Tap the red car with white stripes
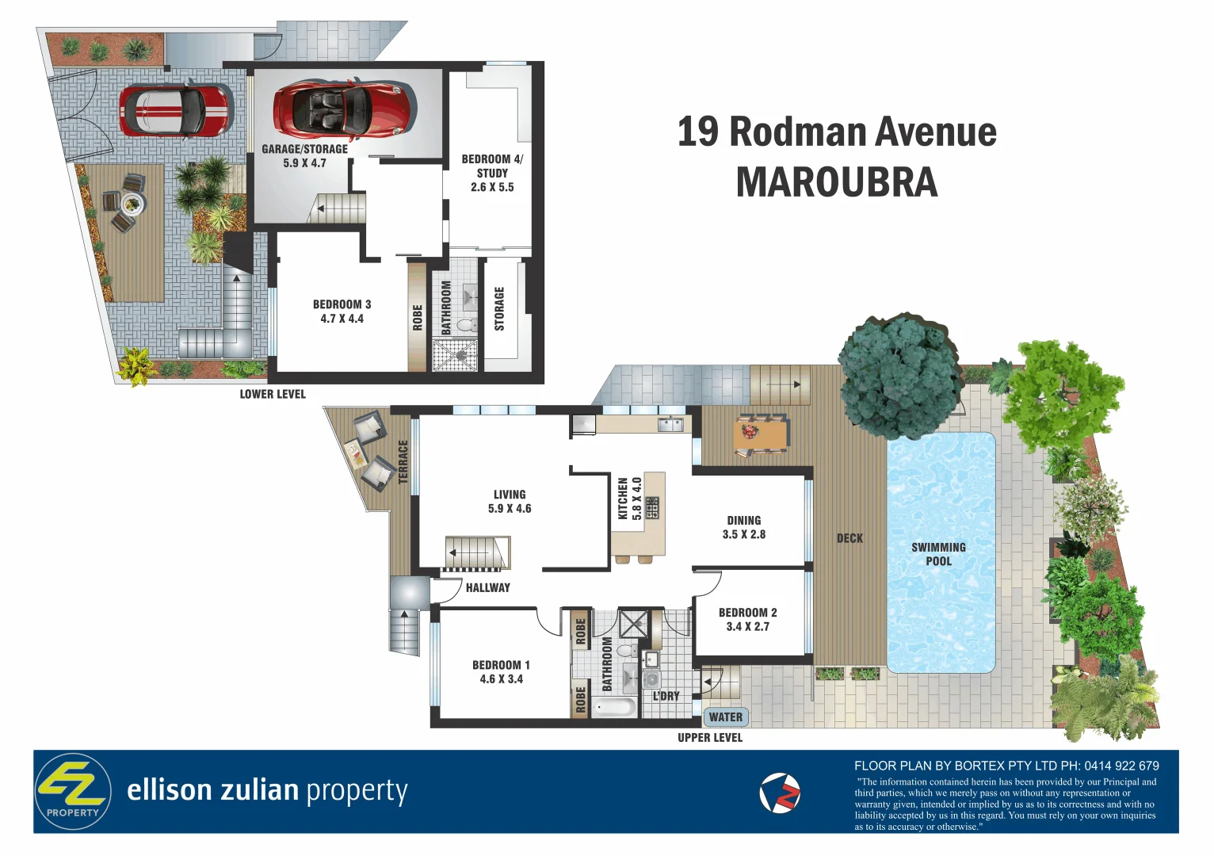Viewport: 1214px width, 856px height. pyautogui.click(x=175, y=110)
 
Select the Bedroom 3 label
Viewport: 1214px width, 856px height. pyautogui.click(x=342, y=304)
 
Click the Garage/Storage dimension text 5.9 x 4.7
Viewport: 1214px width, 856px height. pyautogui.click(x=304, y=163)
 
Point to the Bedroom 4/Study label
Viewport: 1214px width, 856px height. pyautogui.click(x=492, y=166)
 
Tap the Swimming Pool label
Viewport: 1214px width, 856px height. pyautogui.click(x=938, y=554)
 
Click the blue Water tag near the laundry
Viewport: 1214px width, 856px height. pyautogui.click(x=725, y=717)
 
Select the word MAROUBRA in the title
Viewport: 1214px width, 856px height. pyautogui.click(x=837, y=182)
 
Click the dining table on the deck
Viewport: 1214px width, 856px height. pyautogui.click(x=761, y=434)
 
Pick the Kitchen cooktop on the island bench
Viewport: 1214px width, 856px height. pyautogui.click(x=651, y=507)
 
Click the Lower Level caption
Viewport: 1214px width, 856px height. pyautogui.click(x=273, y=394)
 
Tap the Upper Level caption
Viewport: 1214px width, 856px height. pyautogui.click(x=710, y=738)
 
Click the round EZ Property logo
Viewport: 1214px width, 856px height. pyautogui.click(x=73, y=791)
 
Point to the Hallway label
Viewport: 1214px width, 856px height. pyautogui.click(x=487, y=588)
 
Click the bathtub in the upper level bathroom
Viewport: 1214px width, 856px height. pyautogui.click(x=614, y=706)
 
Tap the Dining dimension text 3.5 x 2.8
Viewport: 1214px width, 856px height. pyautogui.click(x=743, y=535)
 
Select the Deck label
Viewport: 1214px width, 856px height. pyautogui.click(x=849, y=539)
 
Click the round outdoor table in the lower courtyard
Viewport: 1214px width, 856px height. pyautogui.click(x=132, y=204)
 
